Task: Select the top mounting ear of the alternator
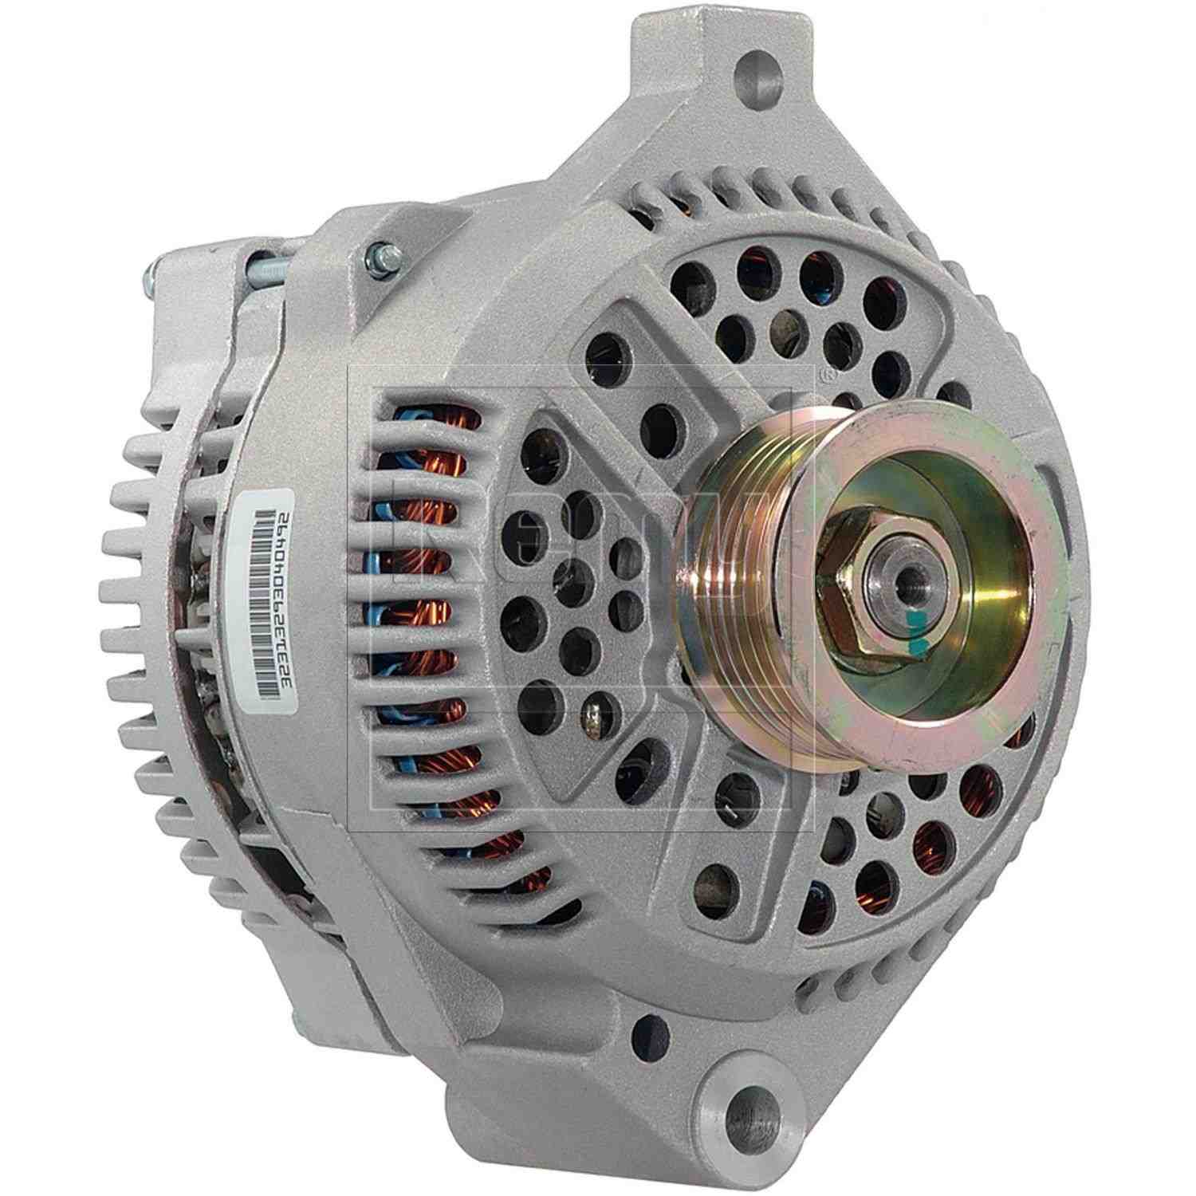[702, 64]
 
